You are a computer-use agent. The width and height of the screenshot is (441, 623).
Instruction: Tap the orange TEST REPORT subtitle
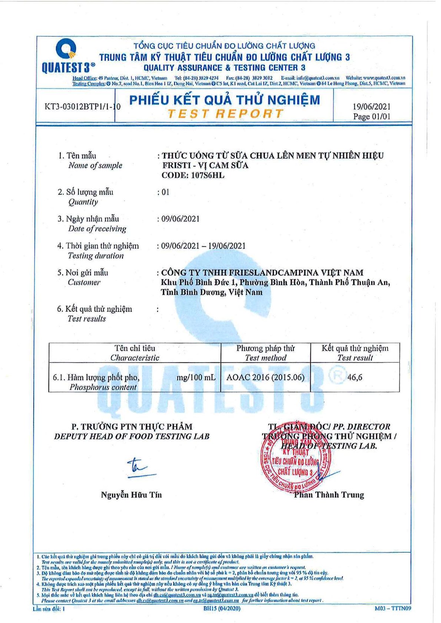(225, 114)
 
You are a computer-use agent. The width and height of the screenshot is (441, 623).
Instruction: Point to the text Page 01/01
(372, 117)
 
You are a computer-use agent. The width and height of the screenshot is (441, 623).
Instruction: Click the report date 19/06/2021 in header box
(371, 107)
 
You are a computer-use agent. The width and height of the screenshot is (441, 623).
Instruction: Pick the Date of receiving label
(97, 229)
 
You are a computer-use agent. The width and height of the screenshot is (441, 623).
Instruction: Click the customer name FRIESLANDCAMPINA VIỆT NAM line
(262, 273)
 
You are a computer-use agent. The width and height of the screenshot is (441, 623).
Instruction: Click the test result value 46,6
(355, 377)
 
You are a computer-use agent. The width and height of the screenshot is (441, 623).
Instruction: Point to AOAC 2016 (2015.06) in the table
(265, 377)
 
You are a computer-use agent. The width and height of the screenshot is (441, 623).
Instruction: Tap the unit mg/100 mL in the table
(196, 377)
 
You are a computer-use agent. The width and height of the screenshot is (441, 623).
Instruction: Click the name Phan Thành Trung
(329, 495)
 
